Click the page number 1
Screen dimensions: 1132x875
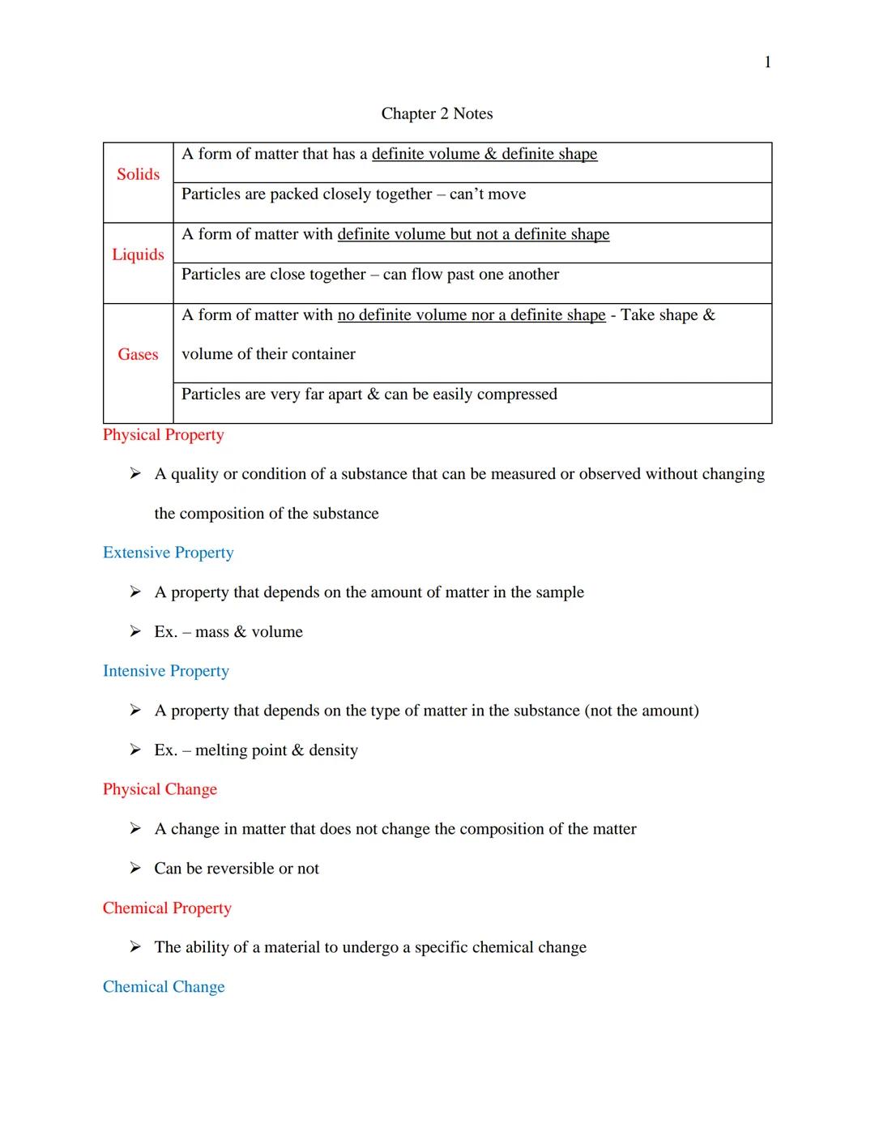[767, 62]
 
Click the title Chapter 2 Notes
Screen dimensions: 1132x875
[437, 113]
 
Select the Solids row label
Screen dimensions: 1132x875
[138, 174]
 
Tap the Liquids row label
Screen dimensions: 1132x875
[138, 254]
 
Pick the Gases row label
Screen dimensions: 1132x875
[138, 354]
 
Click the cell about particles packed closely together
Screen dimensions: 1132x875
[353, 194]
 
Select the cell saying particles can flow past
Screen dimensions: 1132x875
[369, 275]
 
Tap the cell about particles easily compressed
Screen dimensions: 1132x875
[369, 395]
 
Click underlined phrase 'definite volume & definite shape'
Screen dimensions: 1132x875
[484, 154]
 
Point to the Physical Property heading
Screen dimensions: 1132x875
[163, 435]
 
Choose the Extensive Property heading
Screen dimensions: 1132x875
[168, 553]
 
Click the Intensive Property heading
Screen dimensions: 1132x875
[165, 671]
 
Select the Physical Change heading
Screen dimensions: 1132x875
[160, 789]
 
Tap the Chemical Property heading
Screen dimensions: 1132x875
[167, 908]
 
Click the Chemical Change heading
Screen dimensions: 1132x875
[164, 987]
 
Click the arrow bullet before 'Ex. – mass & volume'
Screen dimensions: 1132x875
[135, 631]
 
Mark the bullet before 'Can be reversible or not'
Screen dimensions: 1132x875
[135, 868]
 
